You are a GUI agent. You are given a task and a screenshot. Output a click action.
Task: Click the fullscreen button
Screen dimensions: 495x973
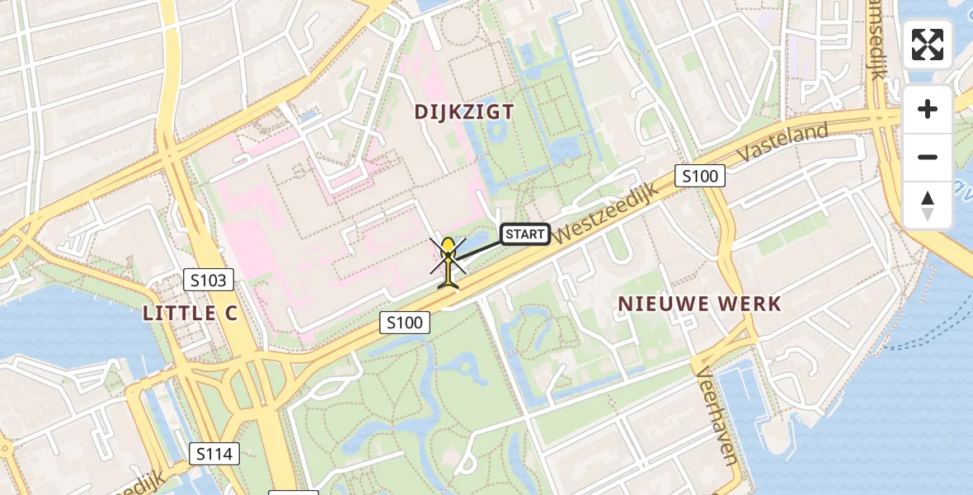click(x=928, y=45)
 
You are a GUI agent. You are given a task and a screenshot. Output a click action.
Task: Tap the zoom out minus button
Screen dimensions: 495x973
click(x=928, y=157)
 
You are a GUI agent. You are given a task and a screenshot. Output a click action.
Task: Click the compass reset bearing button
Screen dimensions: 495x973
click(x=928, y=205)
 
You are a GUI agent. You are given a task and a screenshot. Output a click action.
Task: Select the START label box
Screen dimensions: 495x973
click(x=525, y=234)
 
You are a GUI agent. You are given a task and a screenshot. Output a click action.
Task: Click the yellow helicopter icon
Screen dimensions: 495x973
click(x=448, y=262)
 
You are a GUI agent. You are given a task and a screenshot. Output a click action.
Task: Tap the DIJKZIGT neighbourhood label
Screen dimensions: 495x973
click(x=464, y=112)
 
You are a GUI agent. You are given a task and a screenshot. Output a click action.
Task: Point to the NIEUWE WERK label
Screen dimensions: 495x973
click(x=699, y=304)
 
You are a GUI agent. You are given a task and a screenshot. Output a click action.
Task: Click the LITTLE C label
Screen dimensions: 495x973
click(x=190, y=313)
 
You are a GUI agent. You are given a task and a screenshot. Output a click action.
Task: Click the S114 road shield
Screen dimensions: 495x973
click(x=214, y=453)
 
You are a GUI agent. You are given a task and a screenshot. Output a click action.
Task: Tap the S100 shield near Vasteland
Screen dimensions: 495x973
click(x=700, y=176)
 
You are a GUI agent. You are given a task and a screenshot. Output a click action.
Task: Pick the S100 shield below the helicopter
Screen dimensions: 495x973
click(x=405, y=323)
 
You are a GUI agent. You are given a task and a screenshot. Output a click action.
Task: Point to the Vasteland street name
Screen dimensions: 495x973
click(x=783, y=144)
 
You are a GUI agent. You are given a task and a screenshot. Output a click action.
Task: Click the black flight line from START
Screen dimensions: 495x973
click(x=478, y=250)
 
